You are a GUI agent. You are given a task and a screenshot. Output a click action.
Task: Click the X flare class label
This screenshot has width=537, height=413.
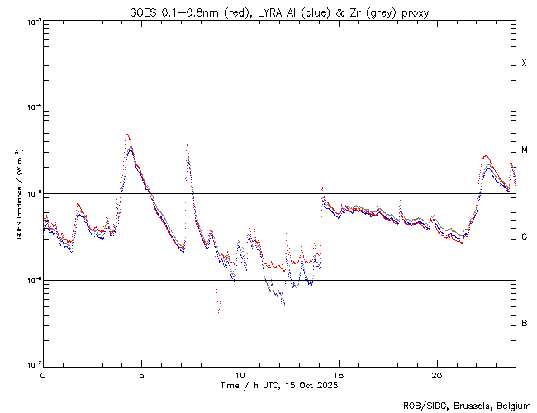click(x=524, y=64)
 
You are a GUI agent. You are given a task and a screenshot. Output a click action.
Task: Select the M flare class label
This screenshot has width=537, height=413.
click(x=524, y=150)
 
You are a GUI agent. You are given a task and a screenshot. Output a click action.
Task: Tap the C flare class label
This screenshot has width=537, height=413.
click(x=524, y=237)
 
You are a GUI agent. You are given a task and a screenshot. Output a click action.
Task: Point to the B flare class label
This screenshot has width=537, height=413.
click(x=524, y=323)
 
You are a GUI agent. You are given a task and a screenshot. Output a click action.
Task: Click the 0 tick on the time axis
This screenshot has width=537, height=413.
click(x=43, y=374)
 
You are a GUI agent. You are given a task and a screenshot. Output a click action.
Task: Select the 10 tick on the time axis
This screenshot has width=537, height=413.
click(x=240, y=374)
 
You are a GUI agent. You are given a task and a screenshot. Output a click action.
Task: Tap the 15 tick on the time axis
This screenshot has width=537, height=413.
click(x=338, y=374)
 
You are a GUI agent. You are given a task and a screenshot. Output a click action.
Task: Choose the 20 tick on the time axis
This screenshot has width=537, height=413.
click(x=436, y=374)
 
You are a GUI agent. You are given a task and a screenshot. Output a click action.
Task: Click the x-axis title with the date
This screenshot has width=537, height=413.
click(x=279, y=385)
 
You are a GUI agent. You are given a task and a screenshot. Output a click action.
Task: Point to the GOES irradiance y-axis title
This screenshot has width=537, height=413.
click(x=18, y=193)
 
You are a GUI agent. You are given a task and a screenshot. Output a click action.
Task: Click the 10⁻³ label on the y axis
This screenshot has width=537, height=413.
click(x=33, y=21)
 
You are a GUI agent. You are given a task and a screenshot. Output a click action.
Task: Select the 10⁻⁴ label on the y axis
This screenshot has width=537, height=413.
click(x=33, y=107)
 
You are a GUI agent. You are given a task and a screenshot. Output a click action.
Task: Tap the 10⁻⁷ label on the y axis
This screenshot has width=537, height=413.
click(x=33, y=365)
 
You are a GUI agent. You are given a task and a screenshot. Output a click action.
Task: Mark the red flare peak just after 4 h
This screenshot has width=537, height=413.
click(x=127, y=134)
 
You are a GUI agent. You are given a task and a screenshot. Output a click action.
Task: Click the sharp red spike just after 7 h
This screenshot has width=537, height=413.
click(x=188, y=145)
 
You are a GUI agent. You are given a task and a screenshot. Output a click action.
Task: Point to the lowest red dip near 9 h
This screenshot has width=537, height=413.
click(x=219, y=311)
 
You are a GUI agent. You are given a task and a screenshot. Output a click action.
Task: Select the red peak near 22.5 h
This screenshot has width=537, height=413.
click(x=485, y=155)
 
